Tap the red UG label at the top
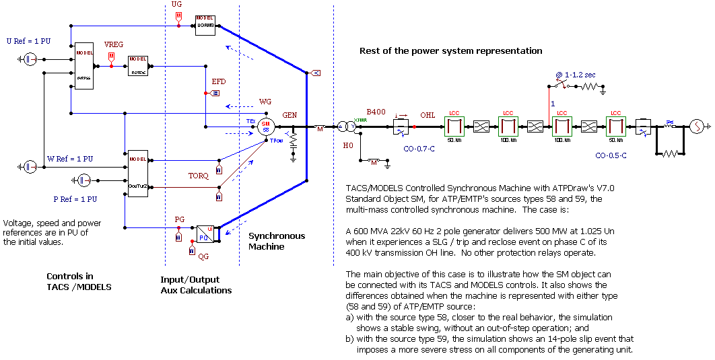click(177, 5)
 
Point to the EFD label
click(219, 81)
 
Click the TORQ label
click(198, 176)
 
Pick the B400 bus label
click(376, 112)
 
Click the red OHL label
click(428, 114)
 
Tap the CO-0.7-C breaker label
click(419, 147)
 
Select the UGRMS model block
click(205, 25)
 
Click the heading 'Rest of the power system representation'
click(450, 51)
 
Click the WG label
click(265, 102)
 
